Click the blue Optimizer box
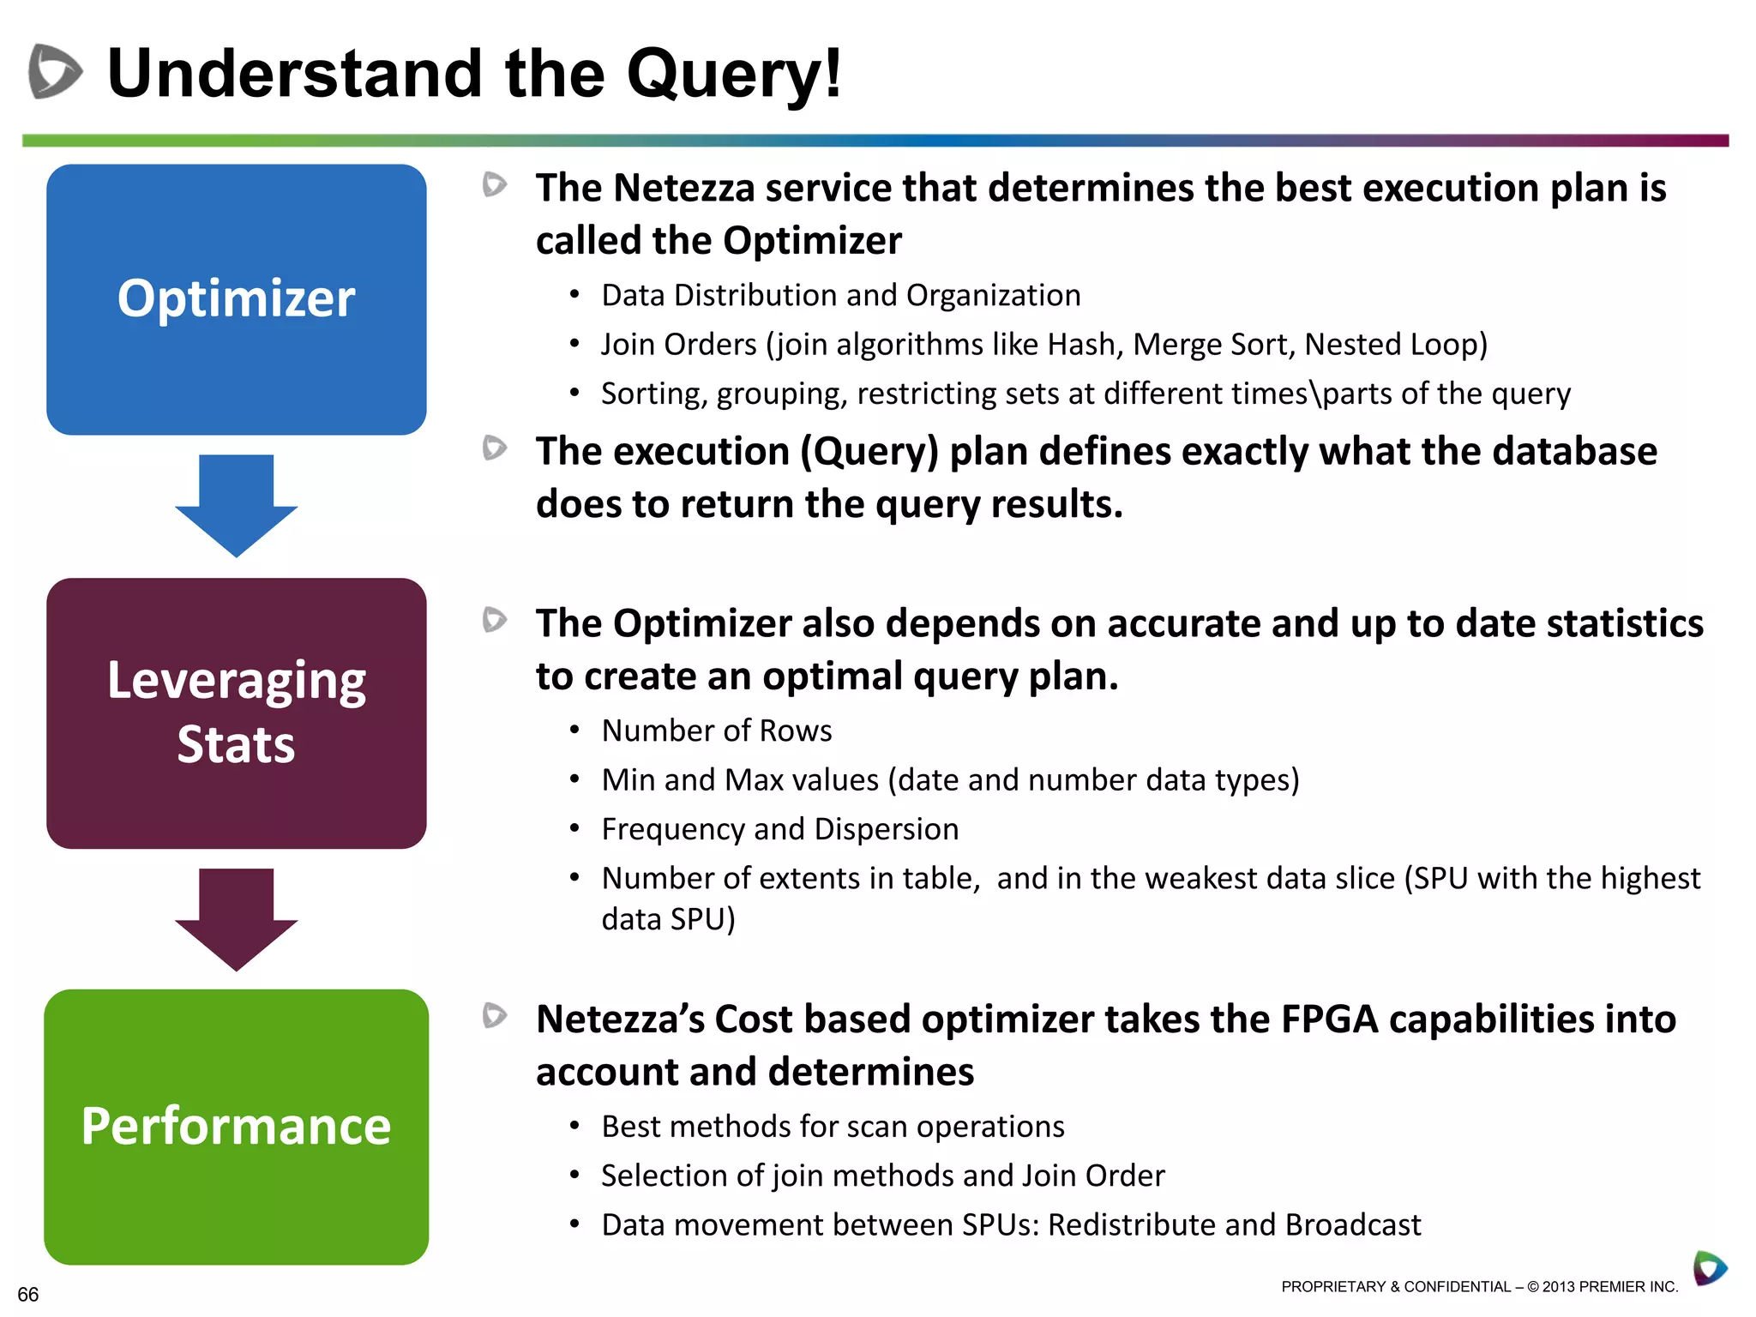[236, 299]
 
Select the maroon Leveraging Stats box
[236, 713]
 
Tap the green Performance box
[236, 1126]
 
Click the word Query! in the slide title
[734, 75]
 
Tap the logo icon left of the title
[55, 71]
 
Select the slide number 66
[27, 1294]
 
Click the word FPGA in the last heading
[1329, 1019]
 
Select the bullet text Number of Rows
[717, 731]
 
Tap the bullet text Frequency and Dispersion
[779, 829]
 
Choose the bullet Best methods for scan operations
[833, 1127]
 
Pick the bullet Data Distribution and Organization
[840, 296]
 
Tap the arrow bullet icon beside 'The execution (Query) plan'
[495, 448]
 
